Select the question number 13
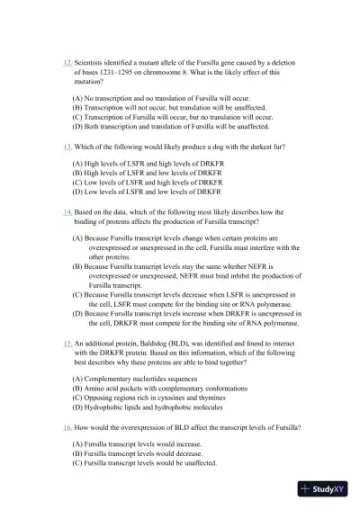67,146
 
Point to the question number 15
67,344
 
